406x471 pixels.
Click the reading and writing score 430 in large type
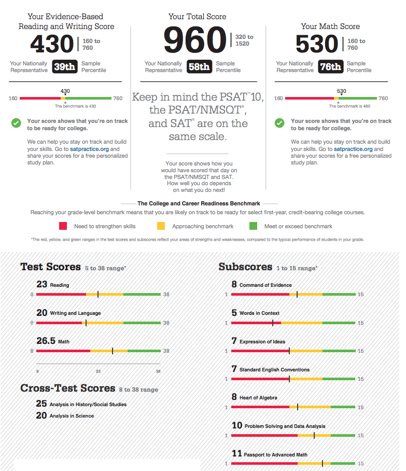52,44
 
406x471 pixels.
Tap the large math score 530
316,44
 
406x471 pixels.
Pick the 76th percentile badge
330,67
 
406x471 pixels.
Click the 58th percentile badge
199,67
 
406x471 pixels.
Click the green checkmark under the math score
279,123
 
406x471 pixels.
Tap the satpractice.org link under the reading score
90,149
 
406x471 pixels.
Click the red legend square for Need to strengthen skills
63,226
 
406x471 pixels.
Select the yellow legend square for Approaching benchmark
161,226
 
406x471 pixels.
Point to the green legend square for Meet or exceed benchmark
254,226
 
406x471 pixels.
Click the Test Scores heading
50,267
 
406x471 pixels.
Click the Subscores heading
245,267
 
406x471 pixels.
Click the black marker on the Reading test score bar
98,294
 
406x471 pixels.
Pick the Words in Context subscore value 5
234,313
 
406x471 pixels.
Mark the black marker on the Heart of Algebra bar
297,407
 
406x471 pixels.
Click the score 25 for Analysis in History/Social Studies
41,404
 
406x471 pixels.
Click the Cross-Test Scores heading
67,388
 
